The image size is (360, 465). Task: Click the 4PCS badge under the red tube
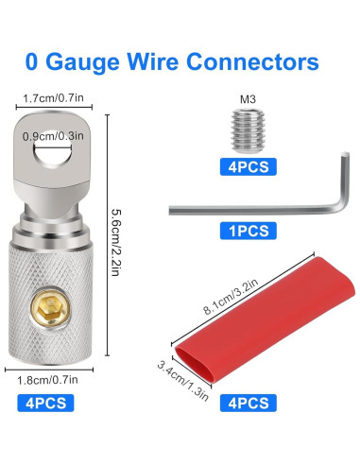249,403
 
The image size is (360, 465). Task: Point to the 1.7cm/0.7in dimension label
55,97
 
